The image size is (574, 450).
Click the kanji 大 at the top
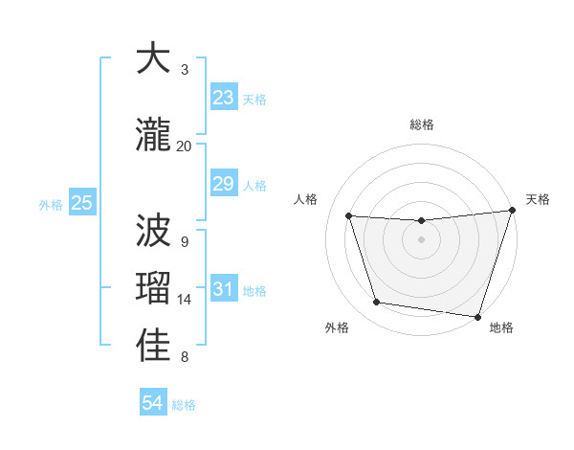click(154, 58)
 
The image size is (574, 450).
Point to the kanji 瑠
click(154, 288)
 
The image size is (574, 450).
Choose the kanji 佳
click(154, 346)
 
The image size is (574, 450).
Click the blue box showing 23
click(223, 98)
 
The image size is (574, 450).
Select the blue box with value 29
click(223, 184)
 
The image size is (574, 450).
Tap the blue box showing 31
click(223, 289)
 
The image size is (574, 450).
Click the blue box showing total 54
click(152, 403)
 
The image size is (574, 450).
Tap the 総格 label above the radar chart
click(422, 124)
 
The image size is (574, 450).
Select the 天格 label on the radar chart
click(538, 199)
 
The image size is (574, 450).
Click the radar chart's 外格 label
click(337, 327)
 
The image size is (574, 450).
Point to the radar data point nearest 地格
click(478, 316)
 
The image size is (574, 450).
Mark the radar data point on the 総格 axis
click(422, 221)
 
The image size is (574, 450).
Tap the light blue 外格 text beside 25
click(51, 204)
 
